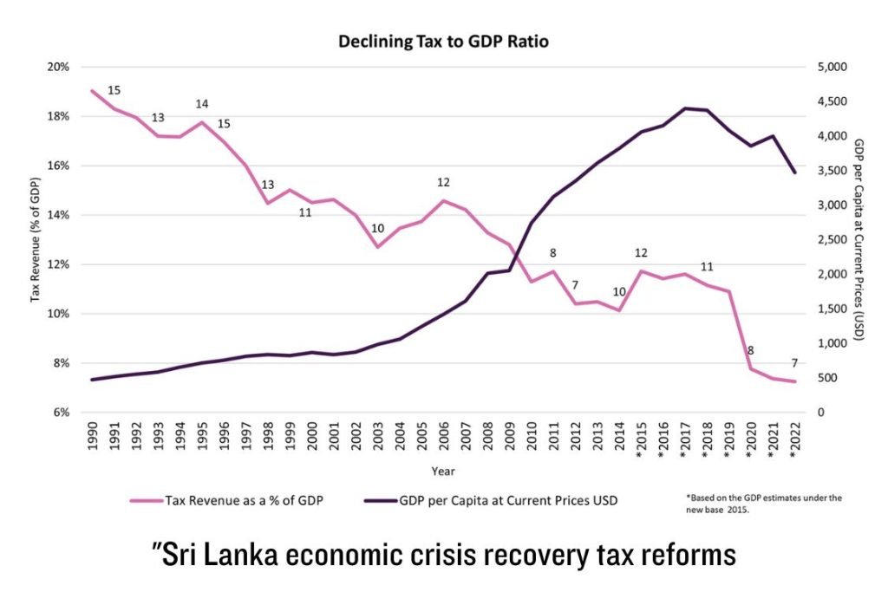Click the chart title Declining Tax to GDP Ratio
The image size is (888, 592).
pos(443,40)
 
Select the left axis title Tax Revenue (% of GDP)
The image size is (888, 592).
pos(36,240)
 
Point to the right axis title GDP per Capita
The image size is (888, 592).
pos(859,239)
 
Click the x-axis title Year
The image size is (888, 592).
pos(443,472)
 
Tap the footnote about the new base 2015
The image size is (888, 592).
pos(763,504)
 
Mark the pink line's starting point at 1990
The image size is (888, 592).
pos(92,91)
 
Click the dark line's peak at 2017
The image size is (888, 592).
pos(686,108)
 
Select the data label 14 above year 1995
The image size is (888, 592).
pos(202,104)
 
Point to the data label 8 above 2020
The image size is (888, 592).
pos(750,351)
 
